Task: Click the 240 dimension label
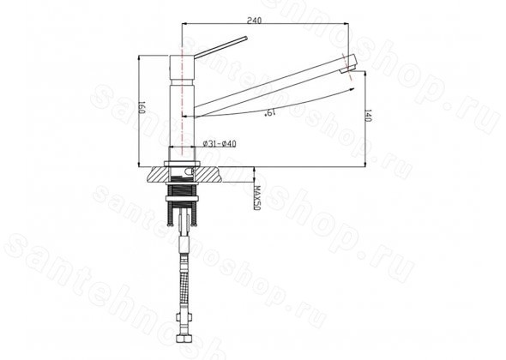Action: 255,20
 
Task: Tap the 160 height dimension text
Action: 142,107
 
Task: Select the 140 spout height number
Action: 368,116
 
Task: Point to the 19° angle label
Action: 270,112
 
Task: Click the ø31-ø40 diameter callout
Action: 220,143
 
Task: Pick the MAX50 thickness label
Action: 257,198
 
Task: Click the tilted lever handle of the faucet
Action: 221,47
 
